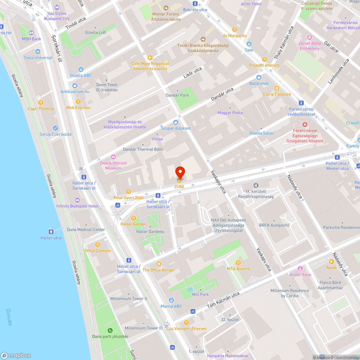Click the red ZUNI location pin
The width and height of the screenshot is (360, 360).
tap(180, 173)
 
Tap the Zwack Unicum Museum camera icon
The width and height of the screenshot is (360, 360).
tap(113, 157)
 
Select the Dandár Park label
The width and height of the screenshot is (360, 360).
tap(177, 95)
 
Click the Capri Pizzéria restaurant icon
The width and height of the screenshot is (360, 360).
tap(41, 102)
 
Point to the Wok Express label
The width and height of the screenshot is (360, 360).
tap(78, 108)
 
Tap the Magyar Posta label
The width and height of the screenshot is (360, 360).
tap(230, 113)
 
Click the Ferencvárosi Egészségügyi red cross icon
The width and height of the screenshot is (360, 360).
tap(305, 124)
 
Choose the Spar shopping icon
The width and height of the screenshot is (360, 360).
tap(249, 44)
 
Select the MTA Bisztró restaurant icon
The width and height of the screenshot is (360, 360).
tap(238, 262)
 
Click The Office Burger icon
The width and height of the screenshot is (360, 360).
tap(158, 264)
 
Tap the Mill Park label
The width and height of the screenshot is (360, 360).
tap(201, 294)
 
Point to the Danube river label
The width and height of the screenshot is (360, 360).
tap(9, 317)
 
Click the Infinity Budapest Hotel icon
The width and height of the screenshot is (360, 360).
tap(77, 200)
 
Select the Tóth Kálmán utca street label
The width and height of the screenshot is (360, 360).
tap(223, 301)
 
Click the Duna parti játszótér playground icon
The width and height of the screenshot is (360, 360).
tap(110, 330)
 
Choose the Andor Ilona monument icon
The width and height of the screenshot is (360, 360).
tap(300, 269)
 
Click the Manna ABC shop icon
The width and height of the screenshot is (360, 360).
tap(171, 300)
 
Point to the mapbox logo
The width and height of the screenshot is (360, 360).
tap(16, 355)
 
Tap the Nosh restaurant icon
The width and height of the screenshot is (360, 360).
tap(331, 261)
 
